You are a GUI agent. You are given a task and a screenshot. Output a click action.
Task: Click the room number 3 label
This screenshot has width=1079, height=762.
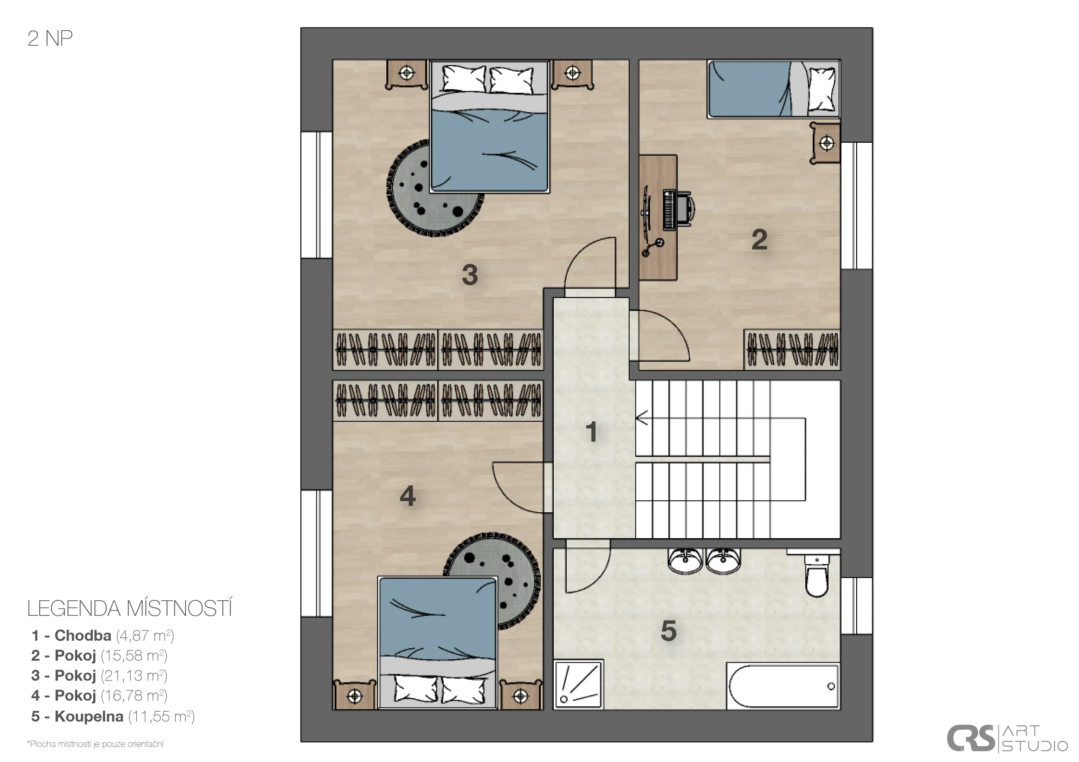pos(470,275)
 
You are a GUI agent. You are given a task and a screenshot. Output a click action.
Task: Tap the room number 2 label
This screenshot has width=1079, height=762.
pos(760,239)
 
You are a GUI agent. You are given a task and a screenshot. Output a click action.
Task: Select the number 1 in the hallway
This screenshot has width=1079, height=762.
pos(591,432)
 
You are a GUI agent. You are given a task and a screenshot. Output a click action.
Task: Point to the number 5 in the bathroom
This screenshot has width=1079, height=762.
pos(668,630)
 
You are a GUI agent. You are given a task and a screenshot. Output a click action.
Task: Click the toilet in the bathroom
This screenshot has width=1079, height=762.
pos(816,574)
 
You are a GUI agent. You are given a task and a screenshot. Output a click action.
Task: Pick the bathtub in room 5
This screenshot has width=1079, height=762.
pos(783,686)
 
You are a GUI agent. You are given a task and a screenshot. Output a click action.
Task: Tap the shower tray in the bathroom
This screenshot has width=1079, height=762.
pos(578,684)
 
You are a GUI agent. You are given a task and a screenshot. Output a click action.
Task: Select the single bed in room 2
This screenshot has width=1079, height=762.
pos(773,88)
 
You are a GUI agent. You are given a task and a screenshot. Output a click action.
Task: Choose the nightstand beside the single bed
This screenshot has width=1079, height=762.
pos(825,143)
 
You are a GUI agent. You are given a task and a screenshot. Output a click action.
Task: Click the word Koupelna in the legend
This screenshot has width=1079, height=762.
pos(89,716)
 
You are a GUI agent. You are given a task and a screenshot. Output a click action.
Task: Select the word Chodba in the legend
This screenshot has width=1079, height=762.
pos(83,635)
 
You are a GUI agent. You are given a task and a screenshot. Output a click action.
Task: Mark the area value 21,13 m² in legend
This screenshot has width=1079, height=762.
pos(134,676)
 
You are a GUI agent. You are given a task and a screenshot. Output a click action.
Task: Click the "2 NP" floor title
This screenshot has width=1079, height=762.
pos(50,38)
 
